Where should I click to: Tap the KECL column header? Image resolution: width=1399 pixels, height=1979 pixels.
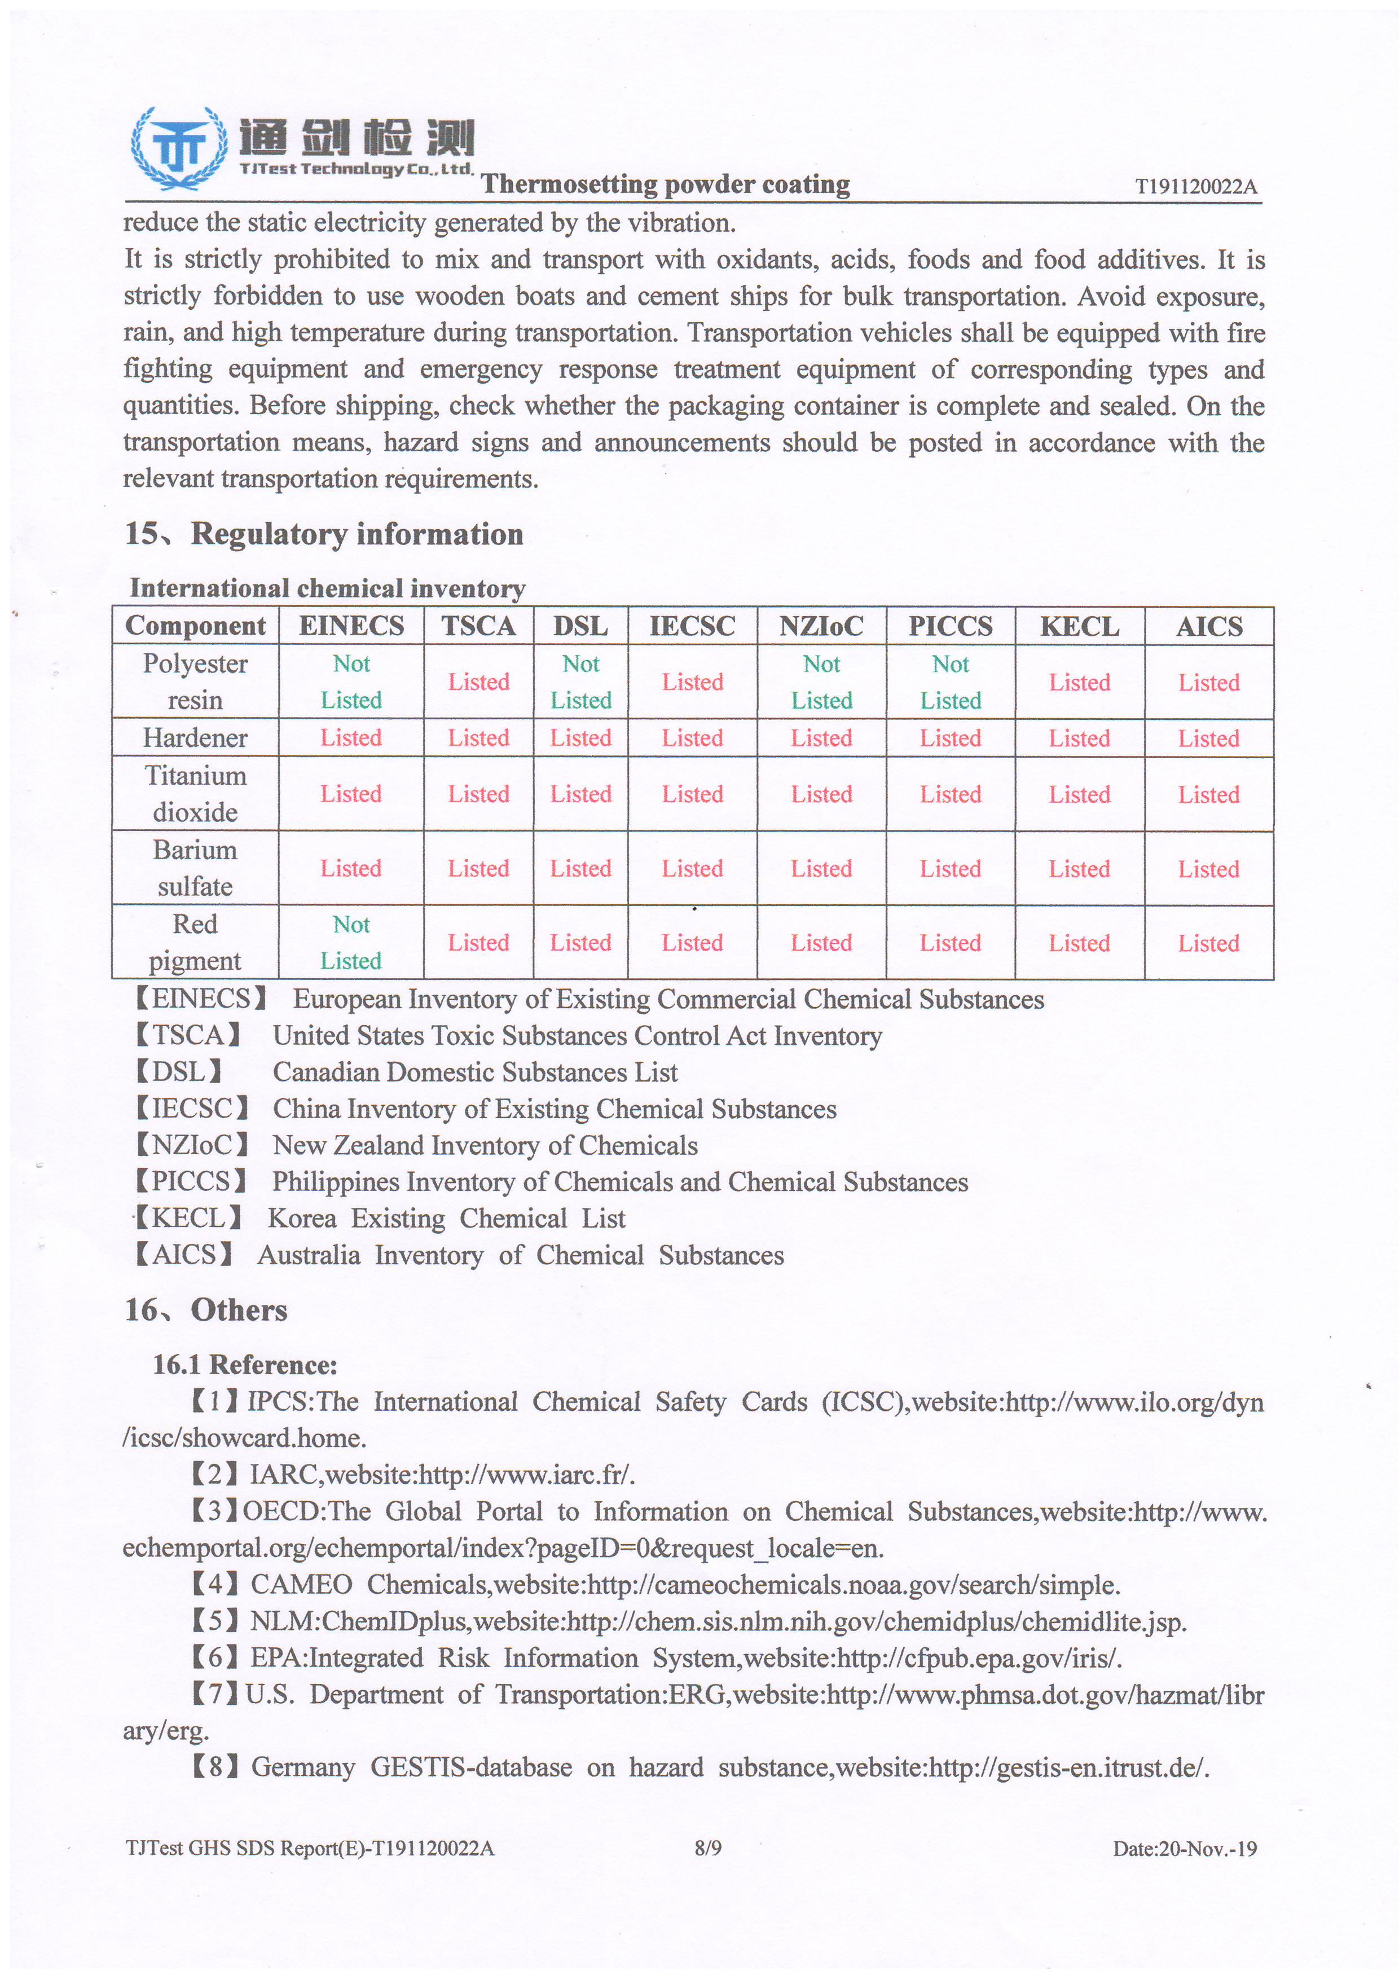click(1079, 627)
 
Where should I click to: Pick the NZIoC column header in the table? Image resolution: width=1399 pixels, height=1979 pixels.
click(821, 627)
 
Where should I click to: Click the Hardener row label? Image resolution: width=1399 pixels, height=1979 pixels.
click(195, 738)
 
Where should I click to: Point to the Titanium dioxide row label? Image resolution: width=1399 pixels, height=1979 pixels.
click(195, 794)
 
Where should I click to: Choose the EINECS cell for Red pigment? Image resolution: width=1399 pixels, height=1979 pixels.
click(351, 942)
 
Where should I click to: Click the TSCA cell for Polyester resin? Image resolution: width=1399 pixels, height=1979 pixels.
click(478, 682)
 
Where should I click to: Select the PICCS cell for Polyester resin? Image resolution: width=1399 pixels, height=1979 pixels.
click(950, 682)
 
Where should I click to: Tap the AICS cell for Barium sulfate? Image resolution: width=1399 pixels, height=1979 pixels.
click(1208, 869)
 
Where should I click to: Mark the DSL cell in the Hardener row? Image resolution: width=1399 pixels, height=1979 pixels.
click(580, 738)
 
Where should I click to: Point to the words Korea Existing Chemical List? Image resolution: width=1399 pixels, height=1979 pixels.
click(447, 1219)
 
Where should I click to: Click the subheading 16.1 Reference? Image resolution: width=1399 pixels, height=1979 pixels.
click(245, 1365)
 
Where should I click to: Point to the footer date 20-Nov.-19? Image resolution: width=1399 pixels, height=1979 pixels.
click(1207, 1848)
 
